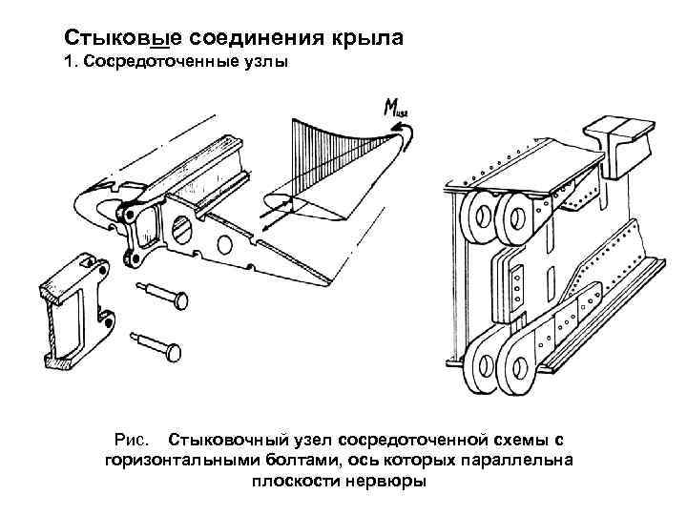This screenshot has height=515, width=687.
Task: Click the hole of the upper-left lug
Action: point(477,216)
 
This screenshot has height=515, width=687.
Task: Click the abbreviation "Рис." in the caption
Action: point(131,441)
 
